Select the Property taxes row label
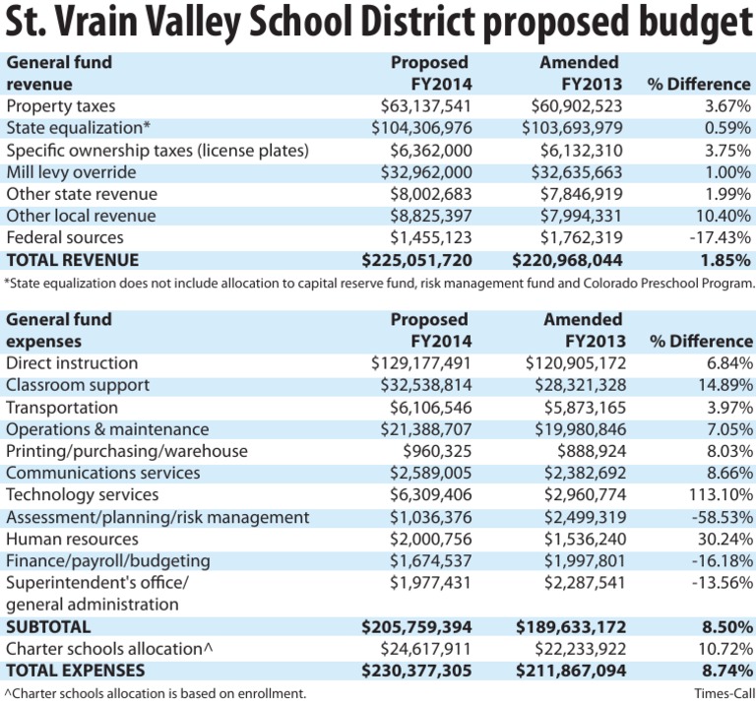tap(61, 106)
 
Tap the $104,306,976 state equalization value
tap(421, 128)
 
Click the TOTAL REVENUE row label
tap(72, 260)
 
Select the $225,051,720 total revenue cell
tap(417, 260)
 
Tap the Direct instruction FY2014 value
tap(421, 363)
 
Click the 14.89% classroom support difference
tap(725, 385)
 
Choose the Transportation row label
tap(62, 408)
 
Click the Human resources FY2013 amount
tap(586, 540)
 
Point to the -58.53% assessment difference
tap(723, 518)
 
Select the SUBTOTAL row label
tap(48, 627)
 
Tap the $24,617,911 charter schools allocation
tap(425, 649)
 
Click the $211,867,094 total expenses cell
tap(571, 671)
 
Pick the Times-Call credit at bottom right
tap(724, 693)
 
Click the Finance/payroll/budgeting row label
tap(108, 561)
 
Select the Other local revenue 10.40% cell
tap(724, 216)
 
